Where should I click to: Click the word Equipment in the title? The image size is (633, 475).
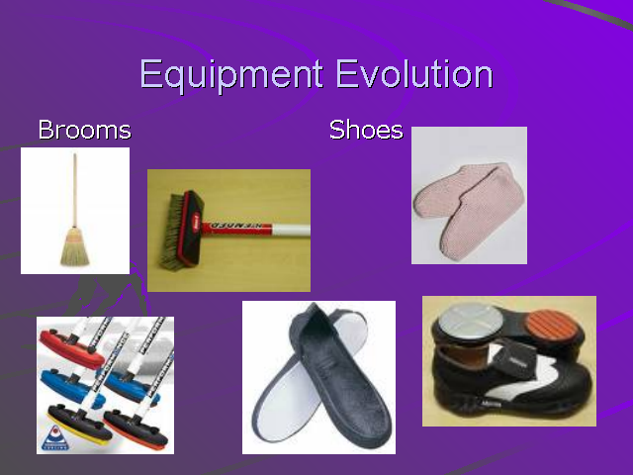coord(231,76)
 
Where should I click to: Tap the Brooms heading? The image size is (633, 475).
coord(84,130)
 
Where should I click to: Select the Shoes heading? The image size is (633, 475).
coord(366,130)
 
